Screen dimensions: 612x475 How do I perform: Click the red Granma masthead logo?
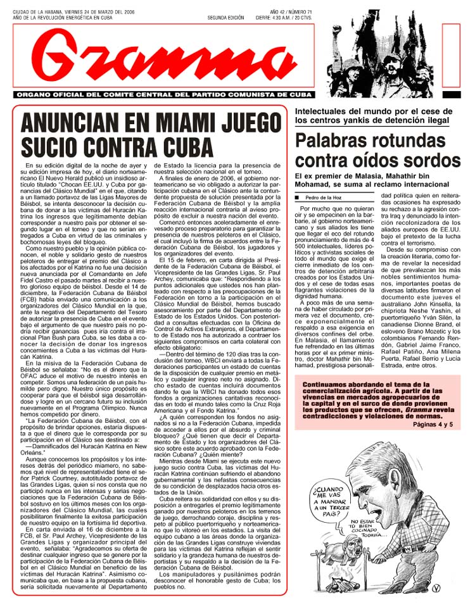coord(168,56)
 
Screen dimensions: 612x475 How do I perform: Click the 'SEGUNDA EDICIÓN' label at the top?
coord(225,18)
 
